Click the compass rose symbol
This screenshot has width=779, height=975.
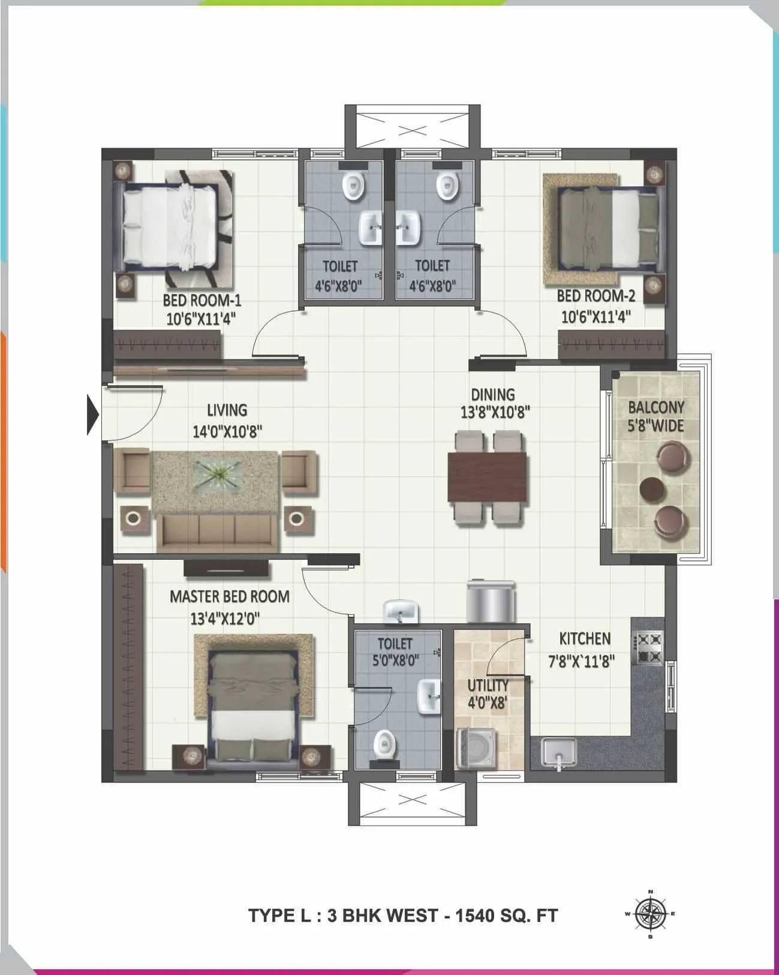point(650,914)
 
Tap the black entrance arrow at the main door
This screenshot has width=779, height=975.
point(92,413)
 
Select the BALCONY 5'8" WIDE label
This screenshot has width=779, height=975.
point(655,416)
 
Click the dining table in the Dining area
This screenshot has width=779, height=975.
point(487,477)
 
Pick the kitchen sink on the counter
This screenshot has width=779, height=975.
point(558,752)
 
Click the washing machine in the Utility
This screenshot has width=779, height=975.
point(476,748)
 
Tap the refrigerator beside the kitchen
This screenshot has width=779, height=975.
point(491,602)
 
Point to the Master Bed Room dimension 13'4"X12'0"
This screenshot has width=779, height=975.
point(225,619)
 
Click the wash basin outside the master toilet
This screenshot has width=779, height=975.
point(400,613)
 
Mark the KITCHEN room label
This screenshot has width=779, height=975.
point(585,638)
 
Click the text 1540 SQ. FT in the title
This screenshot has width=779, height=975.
point(507,916)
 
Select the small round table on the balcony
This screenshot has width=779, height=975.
point(652,488)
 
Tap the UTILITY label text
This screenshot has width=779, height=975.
point(488,685)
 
